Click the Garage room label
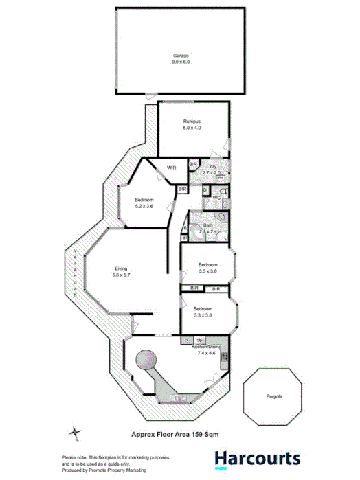pos(180,55)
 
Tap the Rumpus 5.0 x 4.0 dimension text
pos(192,128)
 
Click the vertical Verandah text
pos(76,270)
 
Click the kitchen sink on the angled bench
pos(181,398)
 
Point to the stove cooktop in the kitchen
pos(200,341)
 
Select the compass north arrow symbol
pos(74,433)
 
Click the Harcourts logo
pos(256,459)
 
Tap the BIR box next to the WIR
pos(193,165)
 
